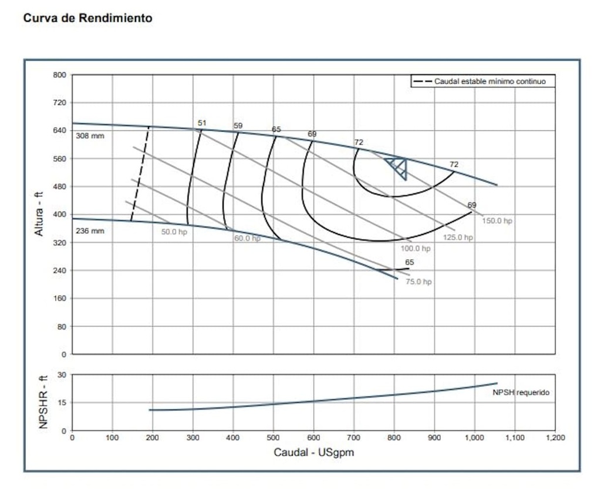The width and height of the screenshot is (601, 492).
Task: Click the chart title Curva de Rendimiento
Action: point(87,18)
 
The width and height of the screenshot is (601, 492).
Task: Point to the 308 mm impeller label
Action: point(90,136)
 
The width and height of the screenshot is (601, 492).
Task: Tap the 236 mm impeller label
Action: point(90,231)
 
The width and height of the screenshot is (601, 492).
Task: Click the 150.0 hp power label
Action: point(497,221)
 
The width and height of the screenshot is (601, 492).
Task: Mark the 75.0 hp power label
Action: point(418,282)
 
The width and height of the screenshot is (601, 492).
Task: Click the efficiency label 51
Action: point(202,123)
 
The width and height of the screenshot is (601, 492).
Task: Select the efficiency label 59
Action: point(238,126)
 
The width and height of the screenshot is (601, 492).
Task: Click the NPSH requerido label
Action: point(521,392)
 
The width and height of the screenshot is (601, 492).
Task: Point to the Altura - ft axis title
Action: point(39,215)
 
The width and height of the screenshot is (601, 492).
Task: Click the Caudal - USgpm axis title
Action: point(313,453)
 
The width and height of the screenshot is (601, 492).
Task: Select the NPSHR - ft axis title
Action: point(43,402)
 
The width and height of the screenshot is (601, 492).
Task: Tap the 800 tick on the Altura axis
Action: point(60,75)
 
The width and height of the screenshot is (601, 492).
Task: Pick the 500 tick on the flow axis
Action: point(274,438)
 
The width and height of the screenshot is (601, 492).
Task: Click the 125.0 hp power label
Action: point(458,237)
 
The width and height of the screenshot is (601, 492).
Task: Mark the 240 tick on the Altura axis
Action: point(60,270)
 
